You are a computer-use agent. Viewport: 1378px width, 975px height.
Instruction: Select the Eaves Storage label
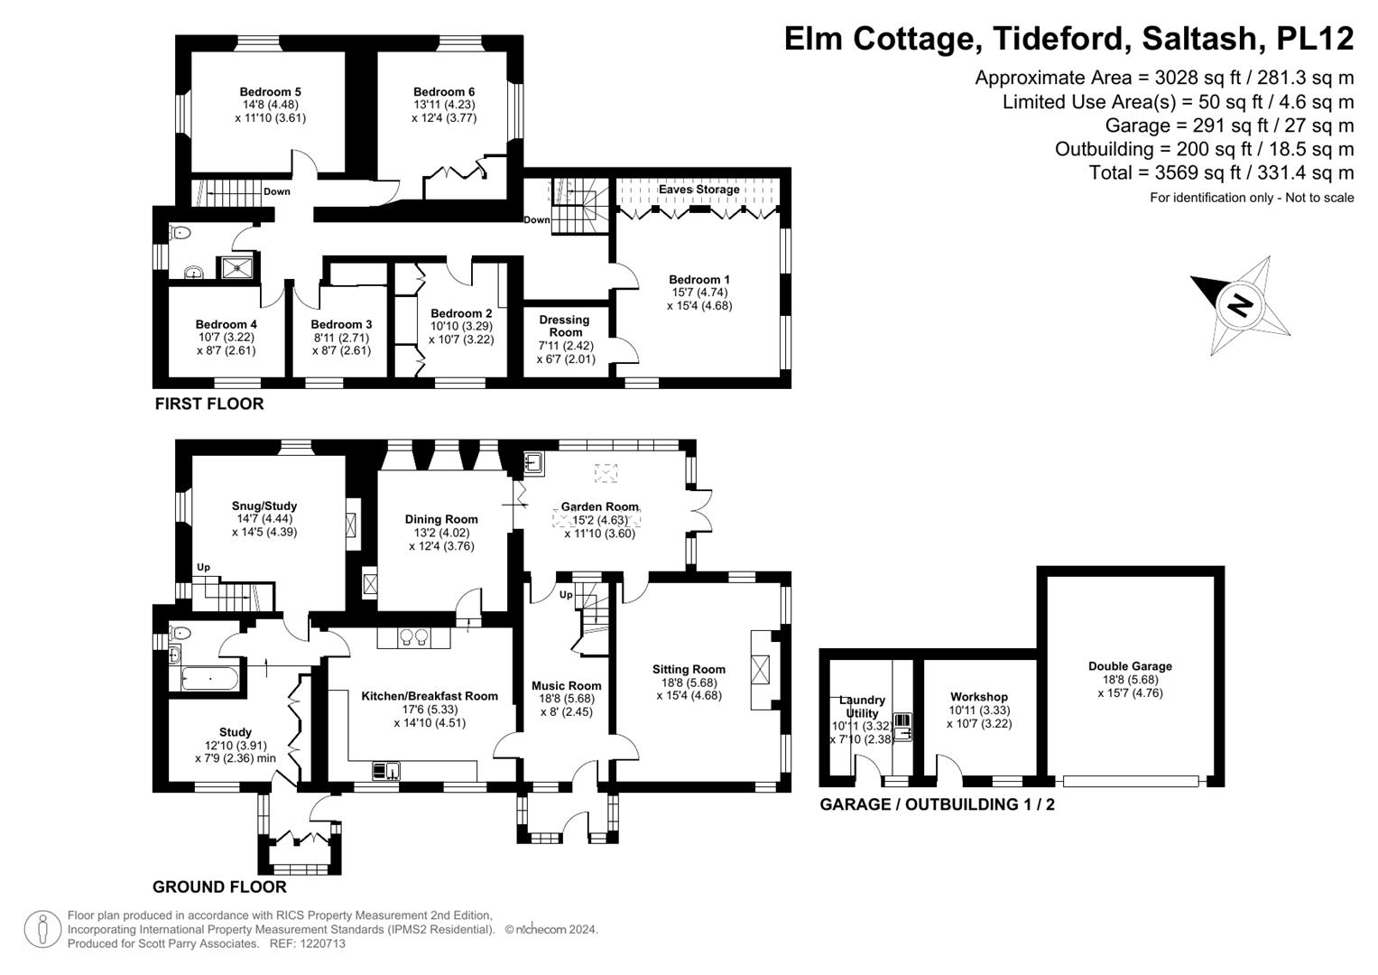(x=698, y=190)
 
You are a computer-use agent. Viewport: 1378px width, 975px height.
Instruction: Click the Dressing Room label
(x=565, y=326)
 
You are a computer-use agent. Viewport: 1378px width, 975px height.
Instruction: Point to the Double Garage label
(x=1130, y=667)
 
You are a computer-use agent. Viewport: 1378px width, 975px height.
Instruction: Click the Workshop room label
(x=979, y=697)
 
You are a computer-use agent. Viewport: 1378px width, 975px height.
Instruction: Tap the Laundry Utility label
(x=862, y=707)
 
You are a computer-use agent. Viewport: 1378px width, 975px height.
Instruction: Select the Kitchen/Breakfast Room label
(x=430, y=696)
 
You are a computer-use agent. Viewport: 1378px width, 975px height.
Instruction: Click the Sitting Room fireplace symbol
(x=763, y=669)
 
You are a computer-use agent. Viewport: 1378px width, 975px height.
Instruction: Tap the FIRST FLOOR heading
(x=209, y=404)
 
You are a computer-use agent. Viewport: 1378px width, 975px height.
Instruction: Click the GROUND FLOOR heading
(x=219, y=887)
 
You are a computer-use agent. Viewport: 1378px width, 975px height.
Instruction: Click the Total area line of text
(x=1221, y=172)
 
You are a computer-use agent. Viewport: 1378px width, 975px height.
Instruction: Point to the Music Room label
(x=566, y=685)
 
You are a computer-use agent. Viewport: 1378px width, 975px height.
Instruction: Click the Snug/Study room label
(x=264, y=506)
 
